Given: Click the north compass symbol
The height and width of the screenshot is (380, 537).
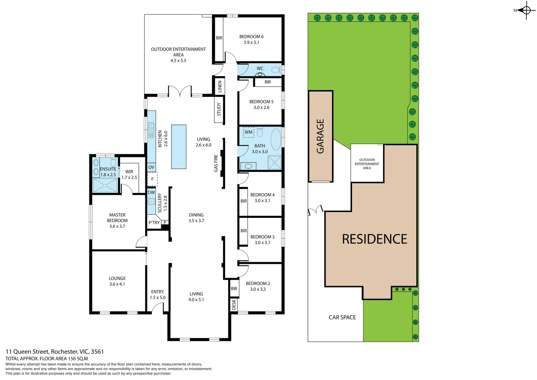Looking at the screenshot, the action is click(526, 10).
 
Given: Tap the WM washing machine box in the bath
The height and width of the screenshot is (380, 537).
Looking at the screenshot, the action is click(249, 132).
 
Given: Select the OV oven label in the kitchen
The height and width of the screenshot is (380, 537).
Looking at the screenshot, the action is click(151, 167).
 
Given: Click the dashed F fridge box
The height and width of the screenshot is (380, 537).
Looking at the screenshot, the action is click(152, 179).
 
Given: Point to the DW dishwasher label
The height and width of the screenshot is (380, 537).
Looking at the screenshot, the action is click(151, 192).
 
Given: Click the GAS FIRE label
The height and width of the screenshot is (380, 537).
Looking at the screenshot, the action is click(216, 163).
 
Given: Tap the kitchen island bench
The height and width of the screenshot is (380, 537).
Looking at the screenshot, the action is click(179, 147).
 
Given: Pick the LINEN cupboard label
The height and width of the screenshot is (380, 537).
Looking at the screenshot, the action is click(220, 87).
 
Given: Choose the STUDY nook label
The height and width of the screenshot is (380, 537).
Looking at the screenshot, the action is click(219, 109).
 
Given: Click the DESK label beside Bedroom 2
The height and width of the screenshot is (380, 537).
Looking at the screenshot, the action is click(234, 305).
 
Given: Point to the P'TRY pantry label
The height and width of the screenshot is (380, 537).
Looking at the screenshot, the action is click(154, 223).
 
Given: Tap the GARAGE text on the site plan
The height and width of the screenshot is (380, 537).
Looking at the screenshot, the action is click(320, 136).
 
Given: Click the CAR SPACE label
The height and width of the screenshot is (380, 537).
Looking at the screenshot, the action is click(342, 317).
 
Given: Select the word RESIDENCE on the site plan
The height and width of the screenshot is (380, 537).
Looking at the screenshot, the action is click(375, 239).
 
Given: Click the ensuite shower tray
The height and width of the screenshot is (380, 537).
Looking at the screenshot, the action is click(105, 185).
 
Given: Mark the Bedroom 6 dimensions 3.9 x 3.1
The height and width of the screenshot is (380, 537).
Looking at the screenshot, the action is click(251, 43).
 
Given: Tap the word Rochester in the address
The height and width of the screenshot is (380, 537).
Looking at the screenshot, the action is click(64, 352).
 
